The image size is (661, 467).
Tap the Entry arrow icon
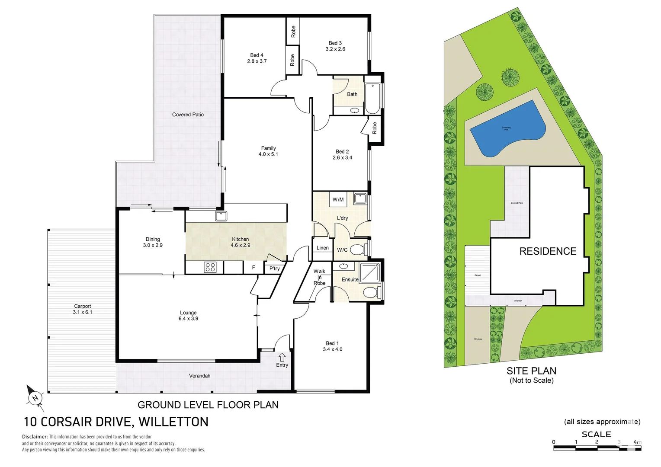click(282, 357)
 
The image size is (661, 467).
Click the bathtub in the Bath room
click(372, 98)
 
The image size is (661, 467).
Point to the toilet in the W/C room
click(358, 249)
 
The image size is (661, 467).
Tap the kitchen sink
click(221, 216)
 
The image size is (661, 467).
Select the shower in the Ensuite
click(370, 272)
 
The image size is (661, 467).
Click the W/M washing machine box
click(338, 199)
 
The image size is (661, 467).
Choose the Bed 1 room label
click(332, 343)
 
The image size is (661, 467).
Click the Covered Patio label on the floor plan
click(188, 115)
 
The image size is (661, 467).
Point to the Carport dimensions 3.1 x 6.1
click(82, 312)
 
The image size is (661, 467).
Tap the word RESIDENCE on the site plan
click(548, 251)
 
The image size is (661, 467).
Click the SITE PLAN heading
click(531, 371)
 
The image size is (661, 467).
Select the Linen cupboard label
click(322, 248)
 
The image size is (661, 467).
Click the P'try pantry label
click(275, 269)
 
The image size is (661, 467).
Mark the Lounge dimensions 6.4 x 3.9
click(188, 319)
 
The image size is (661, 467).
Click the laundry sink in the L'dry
click(359, 199)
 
